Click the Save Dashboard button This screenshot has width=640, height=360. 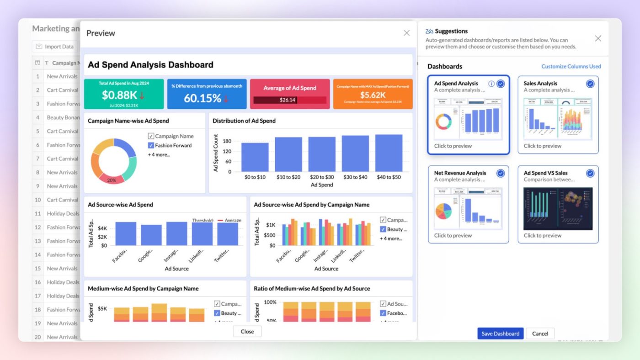click(x=500, y=334)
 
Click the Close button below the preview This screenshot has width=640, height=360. click(x=247, y=332)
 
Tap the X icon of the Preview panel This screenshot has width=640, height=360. click(x=406, y=33)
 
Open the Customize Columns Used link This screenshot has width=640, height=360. click(x=571, y=66)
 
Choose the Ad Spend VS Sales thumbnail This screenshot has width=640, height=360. click(x=558, y=208)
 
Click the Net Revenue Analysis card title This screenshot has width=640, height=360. click(x=460, y=173)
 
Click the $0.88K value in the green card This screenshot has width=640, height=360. click(x=119, y=95)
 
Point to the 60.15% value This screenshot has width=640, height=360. click(x=203, y=98)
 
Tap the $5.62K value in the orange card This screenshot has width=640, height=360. click(x=373, y=95)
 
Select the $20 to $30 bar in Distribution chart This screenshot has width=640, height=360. click(x=321, y=154)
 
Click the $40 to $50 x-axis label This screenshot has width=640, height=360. click(x=389, y=177)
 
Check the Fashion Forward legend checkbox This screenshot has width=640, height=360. click(x=151, y=145)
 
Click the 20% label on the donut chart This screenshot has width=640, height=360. click(x=112, y=180)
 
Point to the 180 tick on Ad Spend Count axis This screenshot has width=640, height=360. click(x=227, y=141)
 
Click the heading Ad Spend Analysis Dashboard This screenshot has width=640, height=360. click(x=150, y=65)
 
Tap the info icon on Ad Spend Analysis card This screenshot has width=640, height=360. click(x=491, y=84)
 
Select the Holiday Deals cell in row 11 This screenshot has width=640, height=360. click(x=63, y=213)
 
